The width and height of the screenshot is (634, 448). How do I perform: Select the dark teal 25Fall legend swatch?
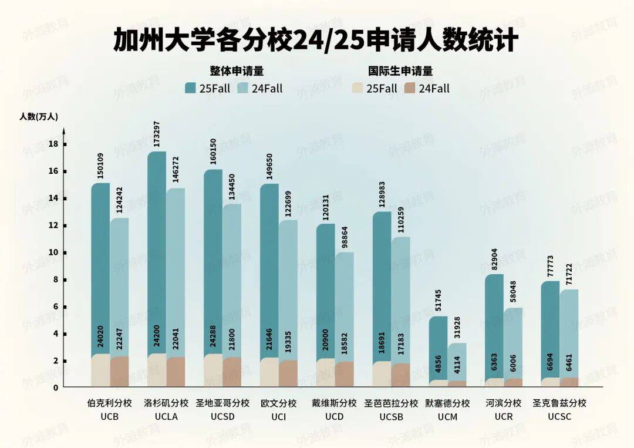190,89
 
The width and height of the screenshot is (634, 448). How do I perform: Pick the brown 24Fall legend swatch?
410,89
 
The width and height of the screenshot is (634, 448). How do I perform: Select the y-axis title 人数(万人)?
39,116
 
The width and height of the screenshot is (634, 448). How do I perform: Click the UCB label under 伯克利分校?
110,416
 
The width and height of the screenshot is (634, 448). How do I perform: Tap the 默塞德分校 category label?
447,403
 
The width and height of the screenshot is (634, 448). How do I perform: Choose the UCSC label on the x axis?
559,416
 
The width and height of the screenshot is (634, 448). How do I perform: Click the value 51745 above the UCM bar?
439,299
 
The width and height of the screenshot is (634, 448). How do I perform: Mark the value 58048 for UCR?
514,291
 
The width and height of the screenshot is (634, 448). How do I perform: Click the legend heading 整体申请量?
237,71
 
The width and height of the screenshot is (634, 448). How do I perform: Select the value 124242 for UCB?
120,201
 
